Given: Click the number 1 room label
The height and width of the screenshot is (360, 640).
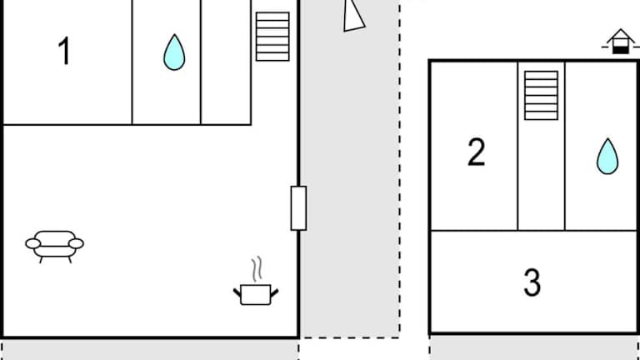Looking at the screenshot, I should coord(64,52).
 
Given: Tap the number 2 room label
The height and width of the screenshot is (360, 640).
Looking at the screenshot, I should coord(476,152).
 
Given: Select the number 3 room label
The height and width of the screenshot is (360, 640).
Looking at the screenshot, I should coord(532,282).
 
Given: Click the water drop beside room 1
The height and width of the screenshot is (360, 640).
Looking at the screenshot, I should coord(174,52).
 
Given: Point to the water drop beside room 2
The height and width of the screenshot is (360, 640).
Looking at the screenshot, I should coord(607,156).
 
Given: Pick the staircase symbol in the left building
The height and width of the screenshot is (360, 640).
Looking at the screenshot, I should coord(272,37).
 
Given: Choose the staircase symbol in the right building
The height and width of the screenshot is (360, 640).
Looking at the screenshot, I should coord(541,95).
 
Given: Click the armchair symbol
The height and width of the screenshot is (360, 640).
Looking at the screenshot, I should coord(55,245).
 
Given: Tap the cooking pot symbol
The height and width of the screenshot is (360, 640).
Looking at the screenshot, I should coord(255,293).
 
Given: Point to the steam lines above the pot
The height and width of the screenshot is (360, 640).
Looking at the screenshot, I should coord(258,268).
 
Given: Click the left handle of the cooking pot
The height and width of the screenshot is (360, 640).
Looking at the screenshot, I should coord(237,291).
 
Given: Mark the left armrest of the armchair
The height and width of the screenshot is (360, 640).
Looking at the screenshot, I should coord(33,243).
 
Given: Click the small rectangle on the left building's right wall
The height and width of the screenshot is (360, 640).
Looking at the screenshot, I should coord(298,208).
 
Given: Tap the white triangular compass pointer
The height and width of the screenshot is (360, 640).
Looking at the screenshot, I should coord(353,15).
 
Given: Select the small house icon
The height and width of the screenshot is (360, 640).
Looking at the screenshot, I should coord(619,42).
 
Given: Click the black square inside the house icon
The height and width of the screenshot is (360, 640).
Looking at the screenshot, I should coord(619,48).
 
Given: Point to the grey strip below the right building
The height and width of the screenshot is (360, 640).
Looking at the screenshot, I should coord(534,347).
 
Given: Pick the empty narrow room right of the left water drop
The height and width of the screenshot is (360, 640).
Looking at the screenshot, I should coord(226,62).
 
